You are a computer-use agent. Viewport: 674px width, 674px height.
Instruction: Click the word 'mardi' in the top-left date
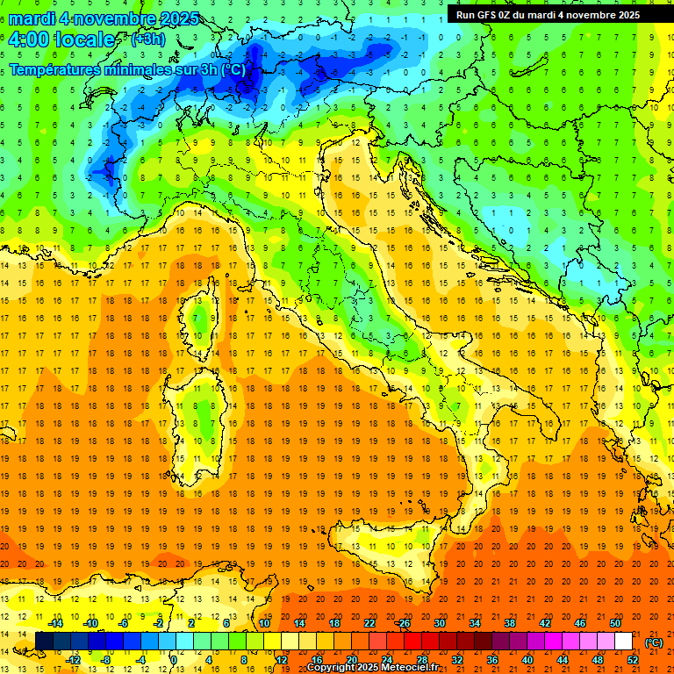pos(32,18)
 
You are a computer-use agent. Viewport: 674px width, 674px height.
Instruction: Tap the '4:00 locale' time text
pos(61,39)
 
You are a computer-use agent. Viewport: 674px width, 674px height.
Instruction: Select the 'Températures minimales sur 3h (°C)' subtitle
pos(127,69)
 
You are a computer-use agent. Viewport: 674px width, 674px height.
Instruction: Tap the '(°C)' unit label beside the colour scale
pos(654,642)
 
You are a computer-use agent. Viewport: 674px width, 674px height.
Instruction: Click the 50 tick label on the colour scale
pos(615,623)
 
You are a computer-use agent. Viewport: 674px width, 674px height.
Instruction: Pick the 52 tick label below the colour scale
pos(633,660)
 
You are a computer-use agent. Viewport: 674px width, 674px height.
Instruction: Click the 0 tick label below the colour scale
pos(175,660)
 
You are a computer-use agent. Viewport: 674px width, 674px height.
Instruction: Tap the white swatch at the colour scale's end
pos(624,642)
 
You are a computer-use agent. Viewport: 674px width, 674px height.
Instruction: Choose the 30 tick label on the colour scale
pos(439,623)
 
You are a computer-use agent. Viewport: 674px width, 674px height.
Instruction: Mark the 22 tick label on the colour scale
pos(369,623)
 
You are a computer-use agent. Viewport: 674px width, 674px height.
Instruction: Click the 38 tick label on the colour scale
pos(509,623)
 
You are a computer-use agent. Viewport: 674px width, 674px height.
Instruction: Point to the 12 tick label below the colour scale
pos(281,660)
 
